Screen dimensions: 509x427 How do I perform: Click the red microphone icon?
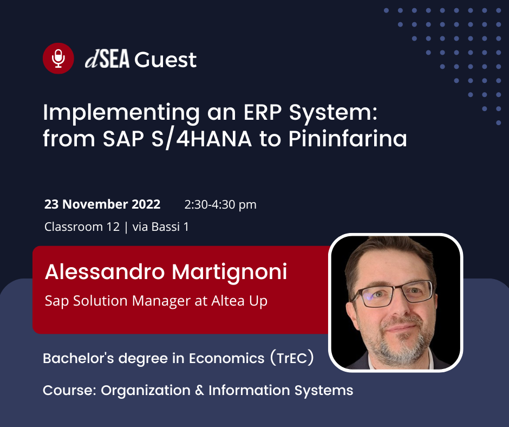pos(58,59)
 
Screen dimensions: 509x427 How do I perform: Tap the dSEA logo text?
pos(107,59)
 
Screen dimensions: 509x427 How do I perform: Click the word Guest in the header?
pos(166,60)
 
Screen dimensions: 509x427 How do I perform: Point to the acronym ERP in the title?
pos(262,112)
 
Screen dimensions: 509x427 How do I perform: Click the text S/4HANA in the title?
pos(201,139)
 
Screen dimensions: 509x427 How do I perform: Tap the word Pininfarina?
pos(348,138)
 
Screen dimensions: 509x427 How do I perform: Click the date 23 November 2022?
pos(102,204)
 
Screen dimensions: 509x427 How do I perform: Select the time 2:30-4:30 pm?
pos(220,205)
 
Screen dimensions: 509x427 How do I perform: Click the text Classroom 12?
pos(82,227)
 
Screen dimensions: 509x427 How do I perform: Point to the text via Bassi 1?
pos(161,227)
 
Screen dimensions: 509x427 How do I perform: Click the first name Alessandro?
pos(105,271)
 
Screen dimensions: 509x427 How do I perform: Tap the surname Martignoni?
pos(230,273)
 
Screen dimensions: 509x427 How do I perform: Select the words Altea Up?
pos(239,301)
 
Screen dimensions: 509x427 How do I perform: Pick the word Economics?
pos(226,358)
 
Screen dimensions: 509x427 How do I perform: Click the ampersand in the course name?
pos(200,390)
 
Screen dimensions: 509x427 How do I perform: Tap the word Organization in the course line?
pos(146,391)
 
